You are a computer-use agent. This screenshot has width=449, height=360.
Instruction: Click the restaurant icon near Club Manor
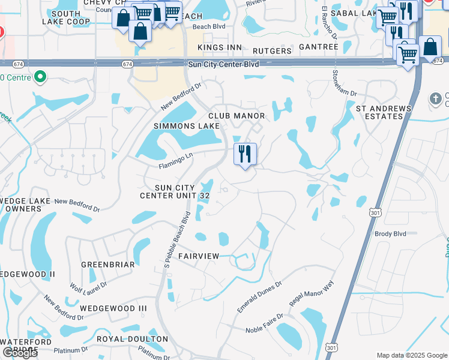[x=244, y=154]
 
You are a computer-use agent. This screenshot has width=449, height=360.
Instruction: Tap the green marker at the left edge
[x=40, y=77]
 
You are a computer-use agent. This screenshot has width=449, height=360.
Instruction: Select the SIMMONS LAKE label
[x=182, y=126]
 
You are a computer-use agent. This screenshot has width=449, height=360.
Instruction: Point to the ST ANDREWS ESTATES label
[x=384, y=112]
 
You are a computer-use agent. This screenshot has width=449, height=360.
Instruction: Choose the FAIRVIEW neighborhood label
[x=199, y=256]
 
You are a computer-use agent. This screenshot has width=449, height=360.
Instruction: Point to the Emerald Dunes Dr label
[x=259, y=297]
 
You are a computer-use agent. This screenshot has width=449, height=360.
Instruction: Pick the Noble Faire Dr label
[x=264, y=324]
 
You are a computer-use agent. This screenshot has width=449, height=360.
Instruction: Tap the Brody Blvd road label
[x=390, y=233]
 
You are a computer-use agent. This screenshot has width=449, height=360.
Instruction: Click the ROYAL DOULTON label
[x=133, y=339]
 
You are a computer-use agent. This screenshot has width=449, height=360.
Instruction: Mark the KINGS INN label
[x=222, y=47]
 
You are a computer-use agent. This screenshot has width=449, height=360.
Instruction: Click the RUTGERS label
[x=272, y=51]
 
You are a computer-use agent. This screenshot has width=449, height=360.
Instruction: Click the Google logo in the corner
[x=19, y=353]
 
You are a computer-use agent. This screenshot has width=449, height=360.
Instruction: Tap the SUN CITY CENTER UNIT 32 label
[x=175, y=191]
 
